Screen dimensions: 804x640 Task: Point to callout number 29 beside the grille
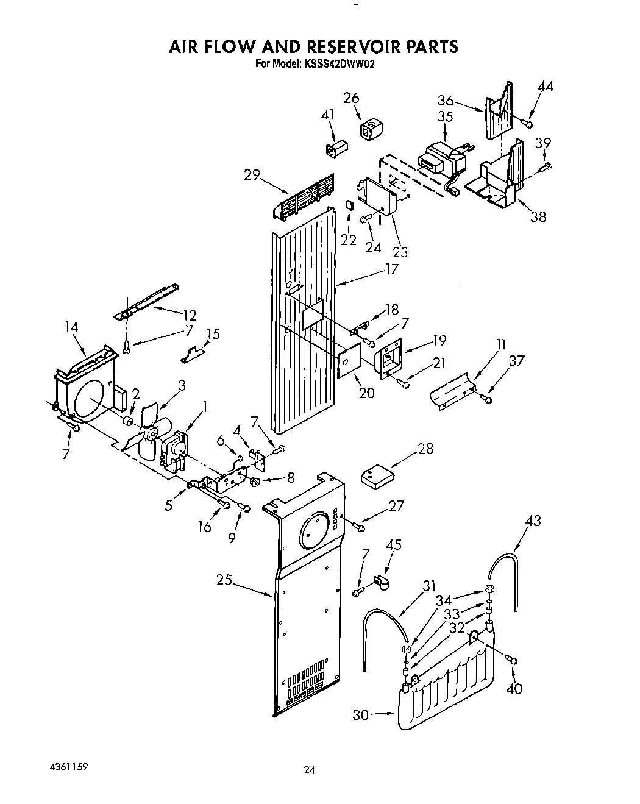[252, 175]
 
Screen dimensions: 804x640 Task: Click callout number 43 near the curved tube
[533, 521]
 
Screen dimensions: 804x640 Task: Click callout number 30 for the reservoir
[361, 714]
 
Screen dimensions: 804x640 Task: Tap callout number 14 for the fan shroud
[71, 327]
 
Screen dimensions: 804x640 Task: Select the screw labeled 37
[486, 399]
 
